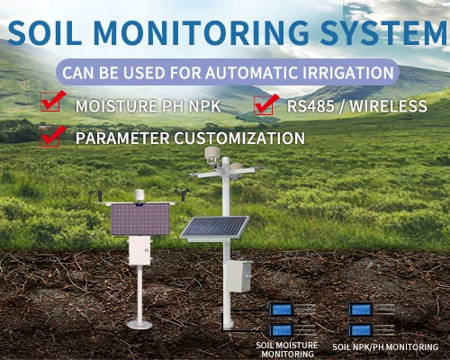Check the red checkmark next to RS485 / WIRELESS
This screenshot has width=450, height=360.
click(x=265, y=106)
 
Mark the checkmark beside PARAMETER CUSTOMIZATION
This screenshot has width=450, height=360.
click(x=51, y=138)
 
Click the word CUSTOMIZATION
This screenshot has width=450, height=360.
click(x=237, y=139)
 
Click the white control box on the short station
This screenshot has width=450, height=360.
click(x=139, y=251)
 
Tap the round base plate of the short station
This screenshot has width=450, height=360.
click(x=139, y=323)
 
